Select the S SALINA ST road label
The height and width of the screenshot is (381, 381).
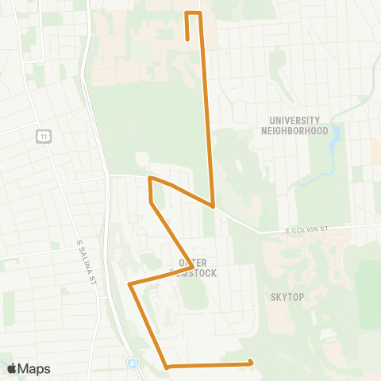86,263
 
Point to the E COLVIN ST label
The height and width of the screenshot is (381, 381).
307,230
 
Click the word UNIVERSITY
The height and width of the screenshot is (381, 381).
294,120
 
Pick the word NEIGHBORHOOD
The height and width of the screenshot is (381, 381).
294,130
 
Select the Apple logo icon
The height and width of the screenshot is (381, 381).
12,368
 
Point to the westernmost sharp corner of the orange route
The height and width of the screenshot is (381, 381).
129,283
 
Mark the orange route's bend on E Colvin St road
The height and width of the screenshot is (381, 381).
214,206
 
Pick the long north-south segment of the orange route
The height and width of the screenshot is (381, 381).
206,111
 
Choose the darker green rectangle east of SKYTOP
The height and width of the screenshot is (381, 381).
366,286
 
